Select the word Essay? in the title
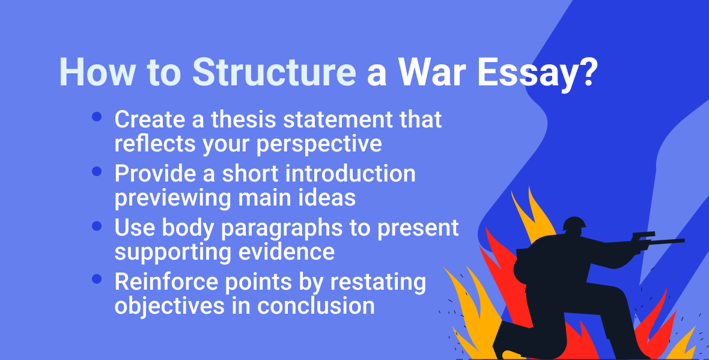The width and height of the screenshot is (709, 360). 538,73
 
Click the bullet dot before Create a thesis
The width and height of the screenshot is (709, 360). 97,118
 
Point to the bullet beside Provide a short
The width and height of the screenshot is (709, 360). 97,172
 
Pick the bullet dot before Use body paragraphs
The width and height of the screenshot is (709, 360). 97,226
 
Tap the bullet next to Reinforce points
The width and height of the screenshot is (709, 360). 97,279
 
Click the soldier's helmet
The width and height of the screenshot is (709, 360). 574,225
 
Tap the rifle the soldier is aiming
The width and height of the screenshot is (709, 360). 655,240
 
